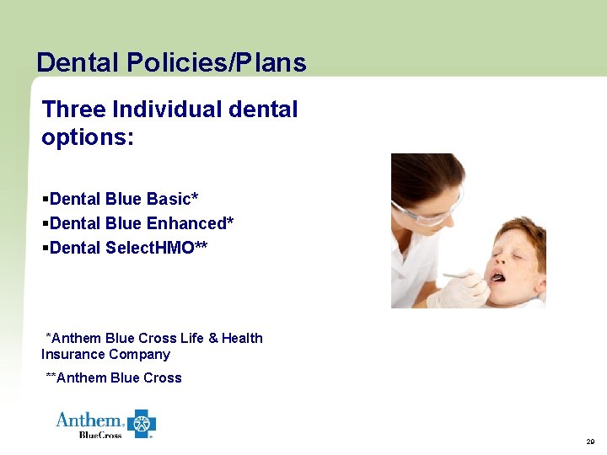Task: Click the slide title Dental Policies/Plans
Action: point(171,62)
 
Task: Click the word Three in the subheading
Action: point(73,110)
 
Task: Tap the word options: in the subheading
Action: point(88,137)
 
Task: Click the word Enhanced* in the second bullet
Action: point(191,223)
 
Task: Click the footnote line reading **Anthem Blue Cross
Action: point(113,377)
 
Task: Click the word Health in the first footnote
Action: point(242,338)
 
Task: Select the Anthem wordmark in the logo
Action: point(89,420)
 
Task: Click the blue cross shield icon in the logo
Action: point(142,423)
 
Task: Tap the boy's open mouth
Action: point(499,277)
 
